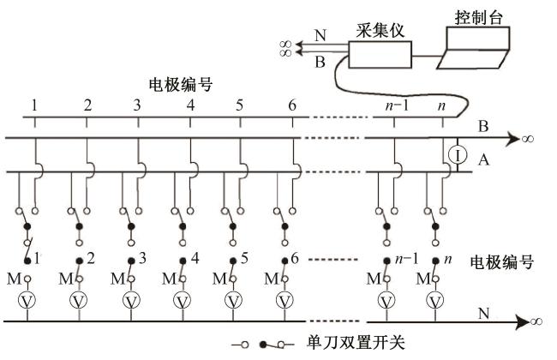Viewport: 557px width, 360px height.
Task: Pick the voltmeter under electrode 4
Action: point(182,300)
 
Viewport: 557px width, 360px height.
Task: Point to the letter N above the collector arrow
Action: point(320,37)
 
